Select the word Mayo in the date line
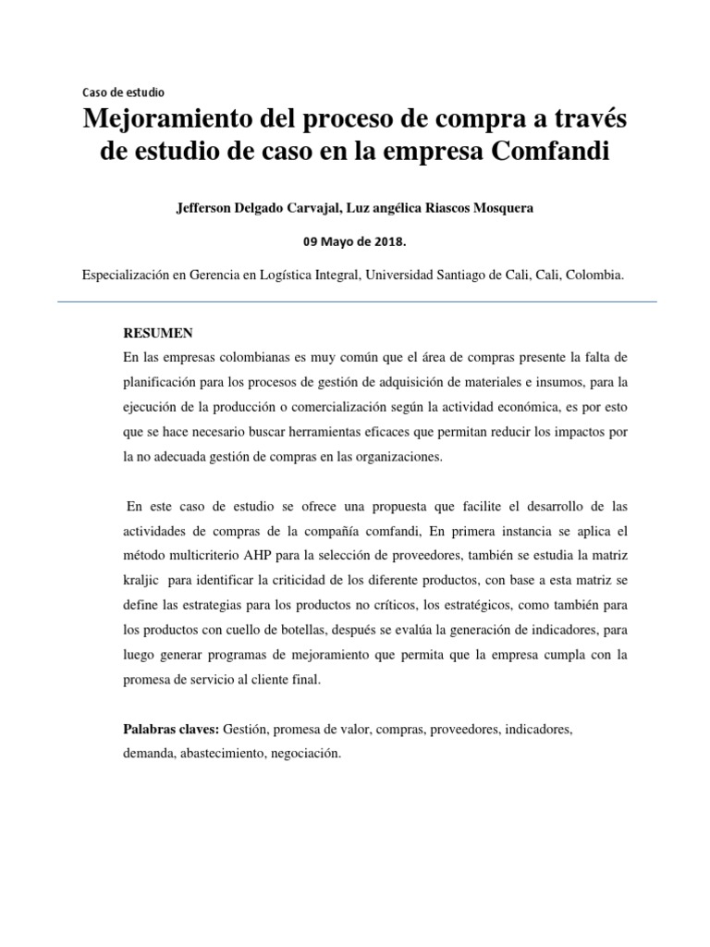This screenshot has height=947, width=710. [x=337, y=241]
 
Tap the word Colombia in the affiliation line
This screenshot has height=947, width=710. [x=594, y=276]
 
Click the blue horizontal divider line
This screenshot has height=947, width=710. [x=356, y=301]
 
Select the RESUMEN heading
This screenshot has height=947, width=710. [x=159, y=332]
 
